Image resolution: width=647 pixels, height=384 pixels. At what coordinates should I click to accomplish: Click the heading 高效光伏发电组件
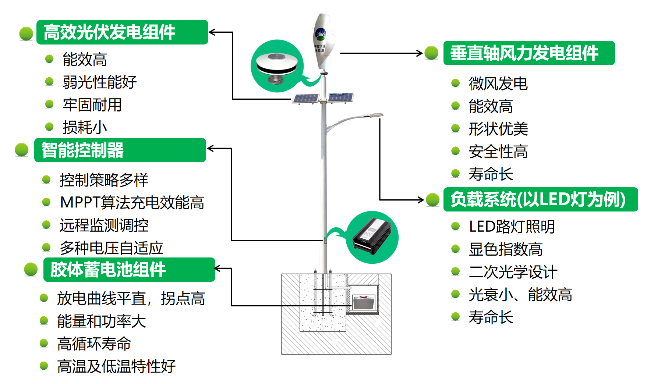110,32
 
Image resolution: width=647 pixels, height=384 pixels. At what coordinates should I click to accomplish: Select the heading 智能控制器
83,150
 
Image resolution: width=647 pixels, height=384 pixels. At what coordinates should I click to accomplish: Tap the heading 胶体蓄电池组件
108,270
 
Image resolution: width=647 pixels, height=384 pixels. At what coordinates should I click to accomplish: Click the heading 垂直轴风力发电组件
524,53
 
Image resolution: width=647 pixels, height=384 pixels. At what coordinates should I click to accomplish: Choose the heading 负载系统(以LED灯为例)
538,199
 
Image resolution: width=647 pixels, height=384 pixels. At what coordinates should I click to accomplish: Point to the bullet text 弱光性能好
99,82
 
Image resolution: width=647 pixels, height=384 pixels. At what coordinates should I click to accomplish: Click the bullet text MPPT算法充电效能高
132,203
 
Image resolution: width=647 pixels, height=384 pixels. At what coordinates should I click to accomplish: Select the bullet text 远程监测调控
104,225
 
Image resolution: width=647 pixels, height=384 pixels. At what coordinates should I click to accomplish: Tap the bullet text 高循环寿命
94,344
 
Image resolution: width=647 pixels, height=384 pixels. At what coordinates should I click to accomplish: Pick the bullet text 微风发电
498,84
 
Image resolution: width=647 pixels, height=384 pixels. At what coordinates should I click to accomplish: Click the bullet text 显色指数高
505,249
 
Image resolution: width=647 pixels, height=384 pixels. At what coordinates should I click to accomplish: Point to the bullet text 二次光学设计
513,272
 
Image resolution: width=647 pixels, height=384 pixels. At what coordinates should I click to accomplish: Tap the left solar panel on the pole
305,99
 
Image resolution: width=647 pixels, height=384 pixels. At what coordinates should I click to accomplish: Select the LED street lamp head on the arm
375,115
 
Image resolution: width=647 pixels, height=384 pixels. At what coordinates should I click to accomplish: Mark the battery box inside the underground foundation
364,303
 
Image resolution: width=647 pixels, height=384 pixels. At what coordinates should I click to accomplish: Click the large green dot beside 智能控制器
22,150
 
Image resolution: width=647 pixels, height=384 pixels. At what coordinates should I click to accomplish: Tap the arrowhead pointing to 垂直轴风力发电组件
419,53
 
